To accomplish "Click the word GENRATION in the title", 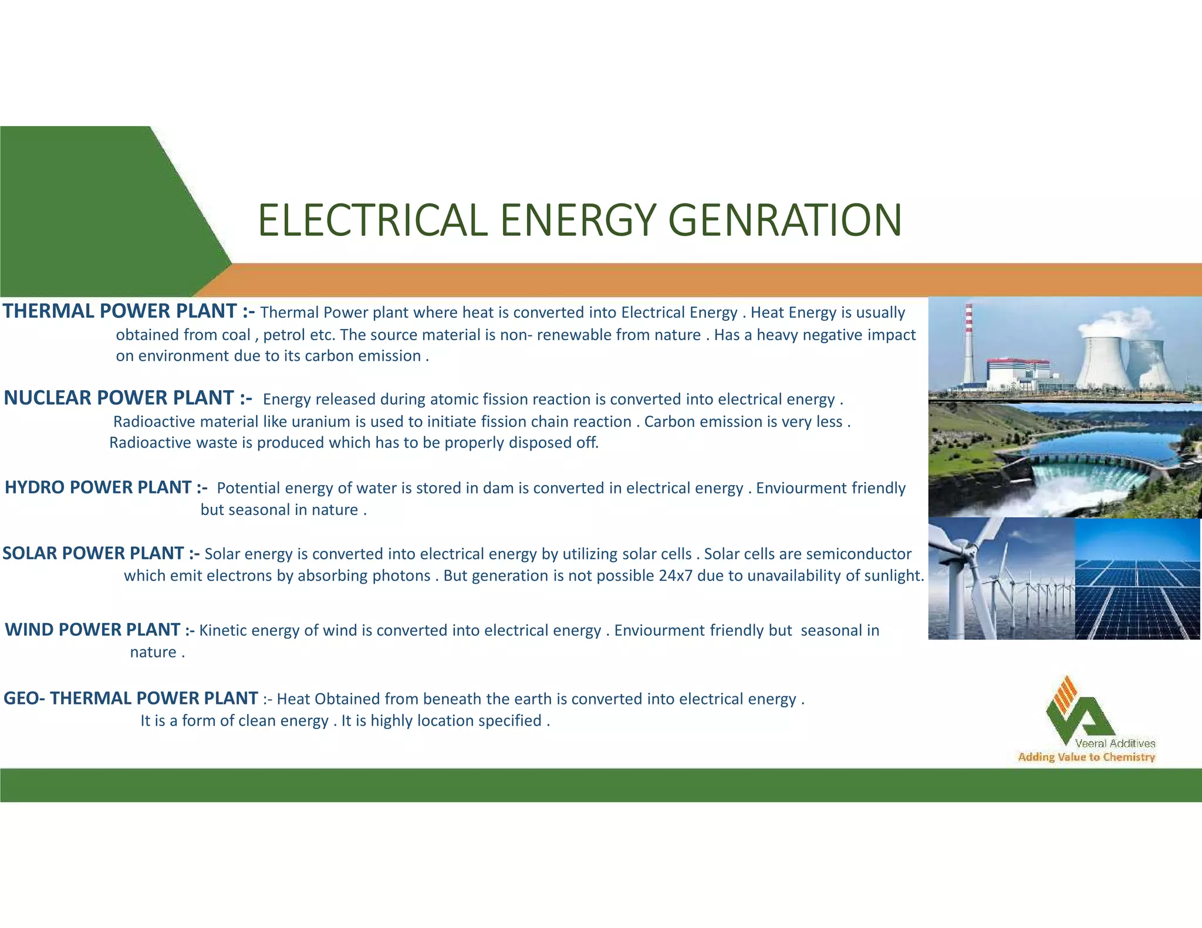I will (785, 221).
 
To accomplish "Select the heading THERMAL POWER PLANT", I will (120, 311).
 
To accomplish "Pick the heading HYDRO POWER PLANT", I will (98, 487).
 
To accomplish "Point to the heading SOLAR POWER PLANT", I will (93, 553).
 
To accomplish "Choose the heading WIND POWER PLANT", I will (92, 630).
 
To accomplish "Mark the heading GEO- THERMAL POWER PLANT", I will (130, 699).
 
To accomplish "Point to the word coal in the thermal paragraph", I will (236, 335).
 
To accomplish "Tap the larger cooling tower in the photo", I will (1104, 361).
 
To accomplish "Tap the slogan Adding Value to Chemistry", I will (1086, 757).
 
